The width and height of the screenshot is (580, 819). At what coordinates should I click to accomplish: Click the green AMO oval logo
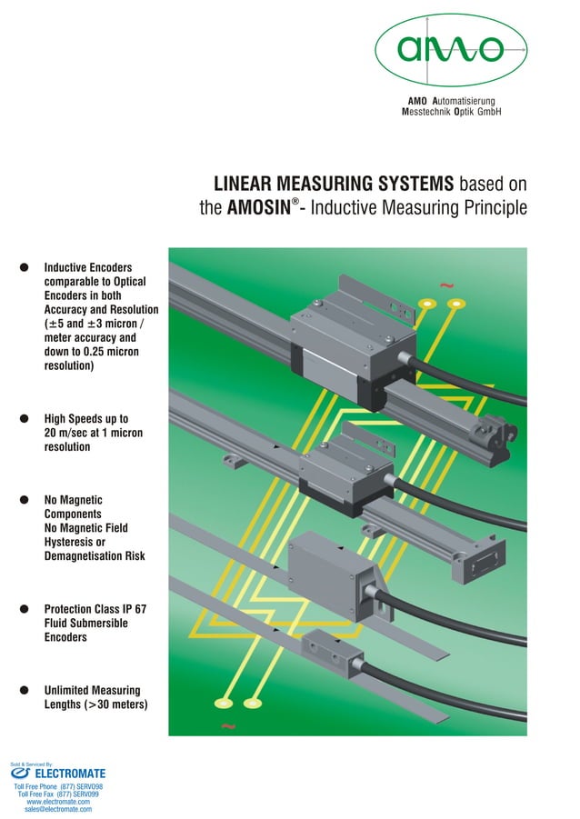[452, 48]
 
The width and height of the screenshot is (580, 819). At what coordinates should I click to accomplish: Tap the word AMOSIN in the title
[256, 208]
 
